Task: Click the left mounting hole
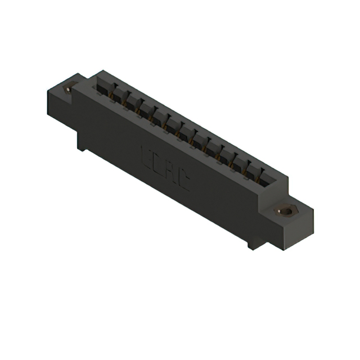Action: pyautogui.click(x=70, y=88)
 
